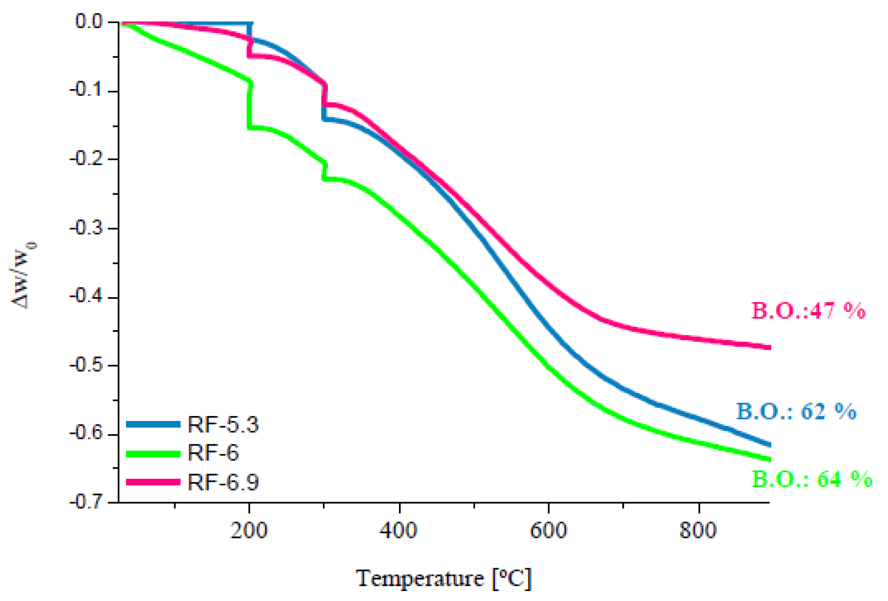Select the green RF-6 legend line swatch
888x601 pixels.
click(153, 453)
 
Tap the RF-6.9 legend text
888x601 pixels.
click(222, 482)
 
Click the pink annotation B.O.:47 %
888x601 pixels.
click(808, 310)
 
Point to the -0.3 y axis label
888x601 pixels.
click(86, 228)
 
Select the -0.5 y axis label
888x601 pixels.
click(86, 365)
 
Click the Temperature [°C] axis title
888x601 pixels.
click(443, 578)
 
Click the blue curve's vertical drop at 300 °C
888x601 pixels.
click(324, 112)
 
